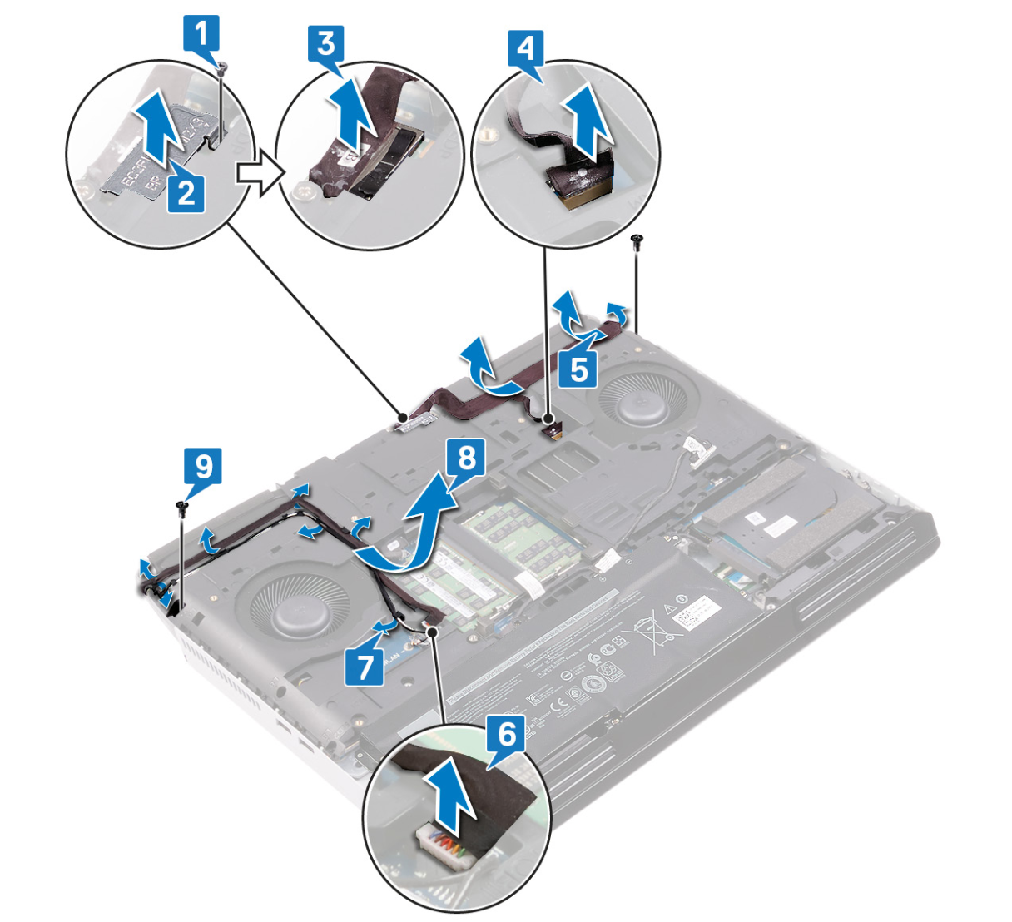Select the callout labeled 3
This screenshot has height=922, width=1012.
(325, 42)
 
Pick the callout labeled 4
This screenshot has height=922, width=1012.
(526, 47)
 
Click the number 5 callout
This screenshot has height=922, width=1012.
(578, 367)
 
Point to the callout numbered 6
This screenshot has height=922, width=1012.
(505, 733)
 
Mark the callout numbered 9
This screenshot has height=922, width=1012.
(203, 467)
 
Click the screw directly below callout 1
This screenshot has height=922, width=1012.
(221, 72)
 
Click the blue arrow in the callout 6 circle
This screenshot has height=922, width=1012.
(449, 800)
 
